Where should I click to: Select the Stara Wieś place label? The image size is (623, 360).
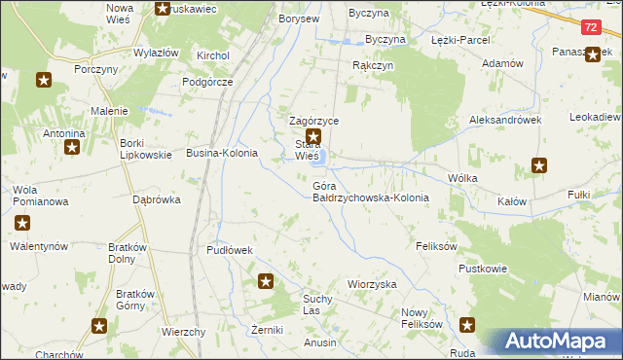(308, 151)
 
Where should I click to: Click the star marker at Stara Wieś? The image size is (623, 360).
(312, 138)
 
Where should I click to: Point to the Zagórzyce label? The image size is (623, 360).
(312, 121)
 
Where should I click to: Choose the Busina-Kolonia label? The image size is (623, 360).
(222, 154)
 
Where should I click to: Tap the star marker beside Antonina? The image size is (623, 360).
(71, 148)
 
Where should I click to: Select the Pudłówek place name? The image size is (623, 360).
(230, 250)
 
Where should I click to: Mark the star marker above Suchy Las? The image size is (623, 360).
(266, 282)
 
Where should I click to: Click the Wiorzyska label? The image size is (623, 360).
(373, 284)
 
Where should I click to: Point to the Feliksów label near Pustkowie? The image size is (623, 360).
(436, 247)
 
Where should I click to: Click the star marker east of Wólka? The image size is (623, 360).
(540, 166)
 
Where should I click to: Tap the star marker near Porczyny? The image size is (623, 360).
(43, 80)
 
